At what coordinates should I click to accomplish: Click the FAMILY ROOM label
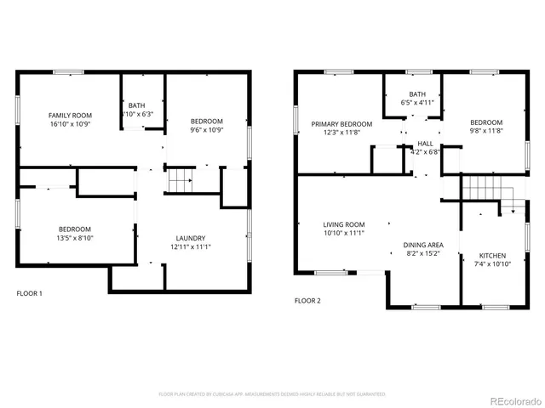(x=70, y=116)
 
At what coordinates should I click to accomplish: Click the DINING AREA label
(x=422, y=244)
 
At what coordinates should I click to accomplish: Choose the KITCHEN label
(x=492, y=256)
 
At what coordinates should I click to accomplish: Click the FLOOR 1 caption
(x=30, y=293)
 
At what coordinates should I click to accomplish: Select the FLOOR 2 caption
(x=307, y=300)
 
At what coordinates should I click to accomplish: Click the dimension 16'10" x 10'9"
(x=70, y=124)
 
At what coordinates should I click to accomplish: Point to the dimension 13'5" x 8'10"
(x=76, y=238)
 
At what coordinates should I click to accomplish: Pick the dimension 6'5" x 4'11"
(x=417, y=103)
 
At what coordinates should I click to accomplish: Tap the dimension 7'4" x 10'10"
(x=492, y=264)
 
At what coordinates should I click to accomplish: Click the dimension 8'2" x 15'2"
(x=422, y=252)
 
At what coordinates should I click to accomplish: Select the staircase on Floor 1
(x=179, y=181)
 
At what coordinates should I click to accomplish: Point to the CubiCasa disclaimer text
(x=272, y=394)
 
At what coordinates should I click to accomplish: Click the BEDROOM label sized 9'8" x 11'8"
(x=486, y=122)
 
